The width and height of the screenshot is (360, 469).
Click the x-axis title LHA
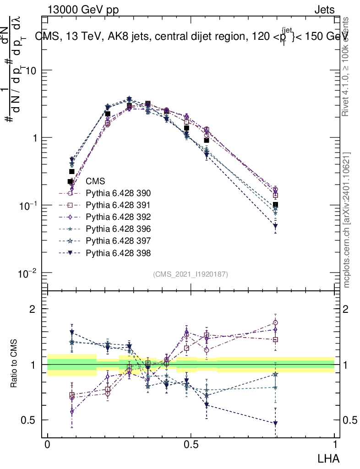328,458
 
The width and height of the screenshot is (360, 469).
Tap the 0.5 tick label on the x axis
191,445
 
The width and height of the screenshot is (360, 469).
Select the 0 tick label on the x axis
48,445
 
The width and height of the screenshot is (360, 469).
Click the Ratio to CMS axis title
15,364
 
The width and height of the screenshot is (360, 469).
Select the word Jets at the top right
324,10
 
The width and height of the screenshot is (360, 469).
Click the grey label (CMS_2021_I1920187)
191,274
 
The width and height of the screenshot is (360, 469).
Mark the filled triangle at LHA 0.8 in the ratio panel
275,423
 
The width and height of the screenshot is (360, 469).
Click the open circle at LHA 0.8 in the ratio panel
275,323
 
